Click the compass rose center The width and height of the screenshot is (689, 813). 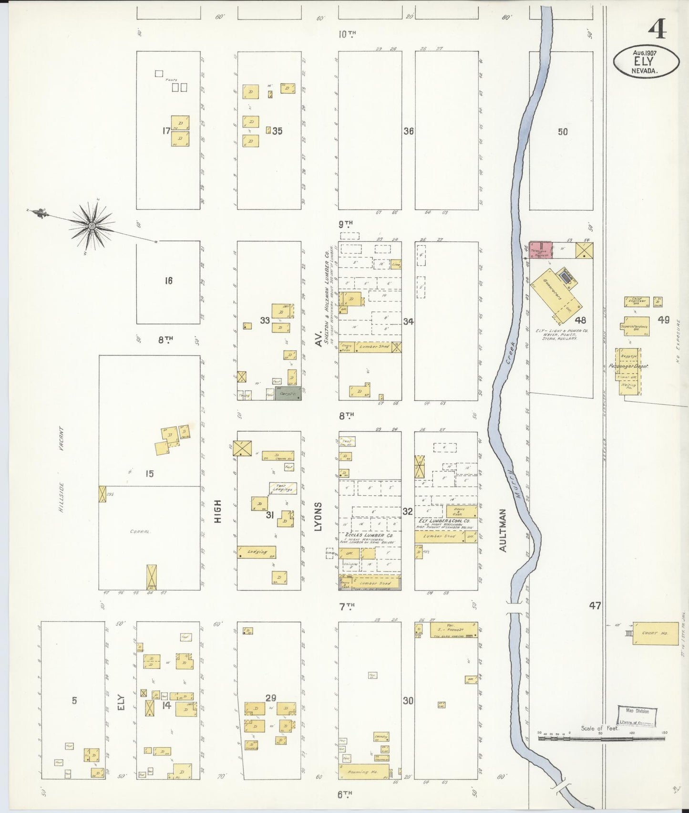coord(91,225)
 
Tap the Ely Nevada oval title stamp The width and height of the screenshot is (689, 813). coord(646,62)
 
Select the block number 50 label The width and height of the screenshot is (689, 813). coord(563,132)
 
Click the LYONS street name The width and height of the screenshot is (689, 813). coord(318,516)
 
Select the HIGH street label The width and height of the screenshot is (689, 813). coord(217,511)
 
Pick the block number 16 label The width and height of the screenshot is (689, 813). coord(168,281)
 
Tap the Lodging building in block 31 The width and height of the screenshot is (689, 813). coord(257,552)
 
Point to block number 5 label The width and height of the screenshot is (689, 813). coord(74,700)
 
